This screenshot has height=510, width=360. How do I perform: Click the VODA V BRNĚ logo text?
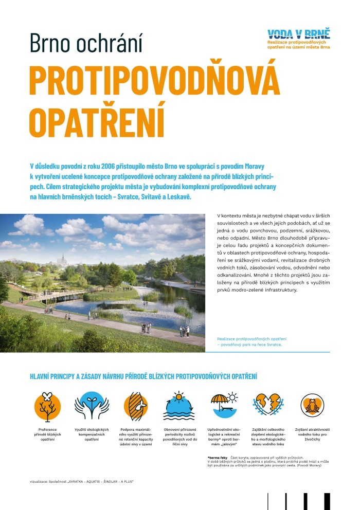(299, 34)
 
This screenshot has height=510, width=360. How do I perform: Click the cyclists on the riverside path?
(48, 310)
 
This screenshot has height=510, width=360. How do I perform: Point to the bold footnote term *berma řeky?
(218, 457)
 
